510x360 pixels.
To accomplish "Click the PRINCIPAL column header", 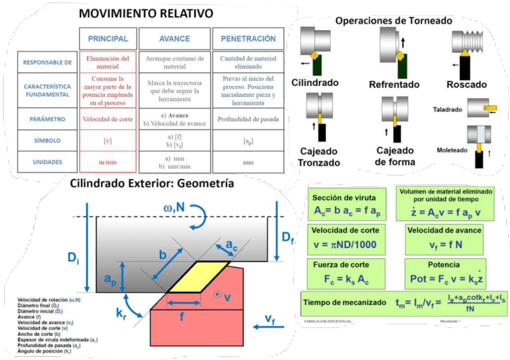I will (108, 39).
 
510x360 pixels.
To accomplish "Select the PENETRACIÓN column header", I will (248, 39).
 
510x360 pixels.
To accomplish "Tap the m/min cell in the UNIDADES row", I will (108, 162).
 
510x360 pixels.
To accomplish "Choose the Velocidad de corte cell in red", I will (108, 119).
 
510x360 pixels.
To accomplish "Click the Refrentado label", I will (394, 85).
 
